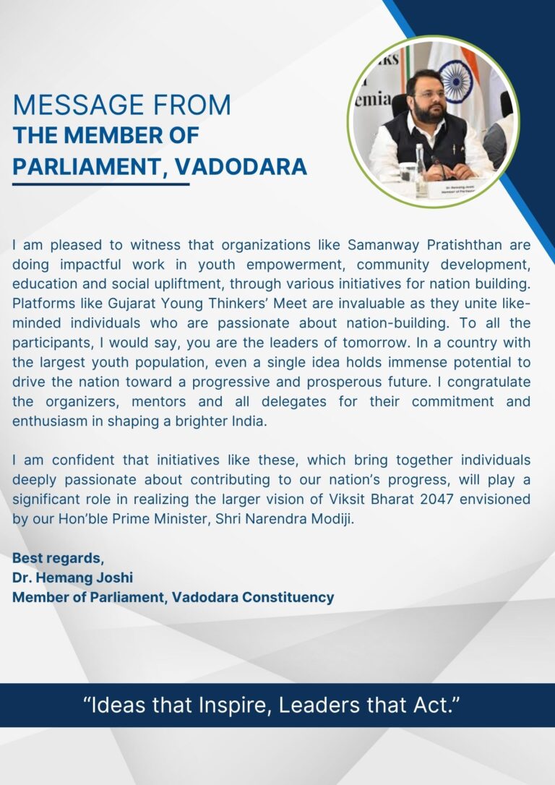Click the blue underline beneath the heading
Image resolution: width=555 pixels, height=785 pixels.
pos(101,184)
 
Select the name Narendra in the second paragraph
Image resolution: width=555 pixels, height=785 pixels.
pos(281,518)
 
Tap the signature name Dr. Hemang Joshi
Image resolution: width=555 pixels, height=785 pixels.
pos(73,578)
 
